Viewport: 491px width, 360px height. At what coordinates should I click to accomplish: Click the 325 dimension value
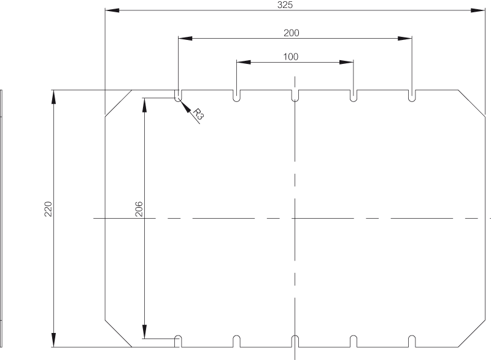285,5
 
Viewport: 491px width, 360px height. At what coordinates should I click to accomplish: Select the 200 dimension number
291,33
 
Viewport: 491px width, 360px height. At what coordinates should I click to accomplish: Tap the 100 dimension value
290,57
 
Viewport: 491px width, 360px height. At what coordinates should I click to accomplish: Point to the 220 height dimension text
48,209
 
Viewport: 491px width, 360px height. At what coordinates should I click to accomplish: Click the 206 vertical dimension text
139,209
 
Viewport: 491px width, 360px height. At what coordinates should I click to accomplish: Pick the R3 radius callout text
198,114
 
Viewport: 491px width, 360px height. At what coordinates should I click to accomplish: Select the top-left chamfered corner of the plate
118,103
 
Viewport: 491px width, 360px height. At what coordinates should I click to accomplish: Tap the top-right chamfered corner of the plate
471,103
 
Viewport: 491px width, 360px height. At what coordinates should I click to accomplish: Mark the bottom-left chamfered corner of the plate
118,334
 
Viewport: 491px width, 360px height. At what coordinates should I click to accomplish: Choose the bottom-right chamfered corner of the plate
471,334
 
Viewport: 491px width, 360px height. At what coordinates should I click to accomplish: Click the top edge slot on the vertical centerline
295,96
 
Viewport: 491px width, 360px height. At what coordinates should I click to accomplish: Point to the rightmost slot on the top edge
412,96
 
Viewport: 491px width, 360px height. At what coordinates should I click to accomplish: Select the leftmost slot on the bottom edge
178,342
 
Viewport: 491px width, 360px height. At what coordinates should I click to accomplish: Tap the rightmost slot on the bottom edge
412,342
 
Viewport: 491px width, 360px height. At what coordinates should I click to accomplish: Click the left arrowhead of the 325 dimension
112,10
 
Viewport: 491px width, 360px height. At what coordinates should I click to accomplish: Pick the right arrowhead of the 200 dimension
405,38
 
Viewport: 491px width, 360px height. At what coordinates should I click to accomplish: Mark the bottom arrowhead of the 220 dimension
54,340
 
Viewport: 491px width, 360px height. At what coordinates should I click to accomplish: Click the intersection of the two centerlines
295,218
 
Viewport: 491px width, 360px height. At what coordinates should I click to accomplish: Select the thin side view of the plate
1,218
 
